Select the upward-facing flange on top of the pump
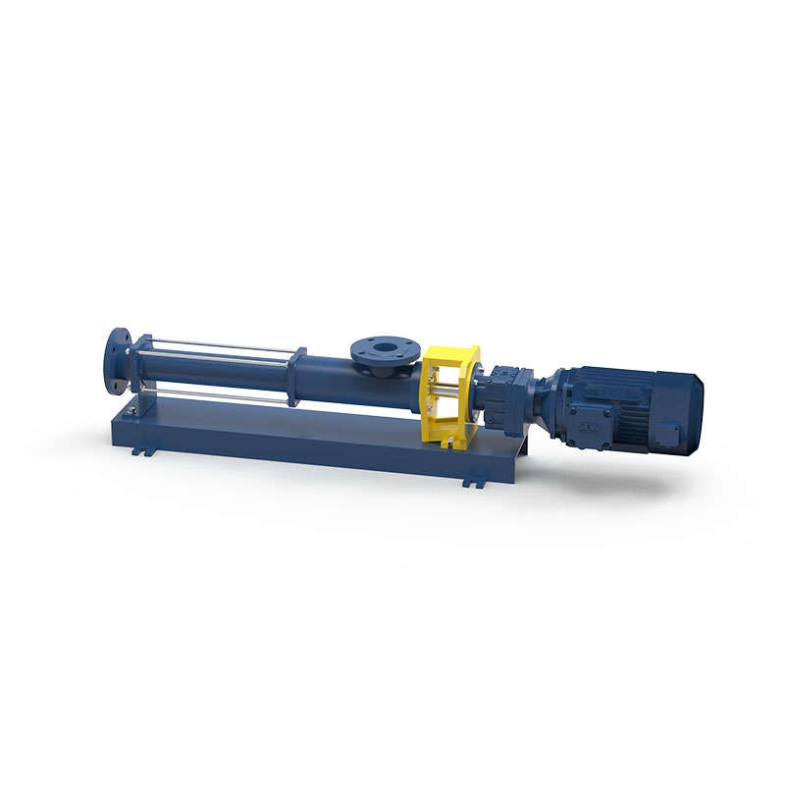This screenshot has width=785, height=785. (x=378, y=348)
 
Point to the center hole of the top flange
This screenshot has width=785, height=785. (x=379, y=344)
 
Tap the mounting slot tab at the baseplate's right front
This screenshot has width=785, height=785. (x=475, y=482)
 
